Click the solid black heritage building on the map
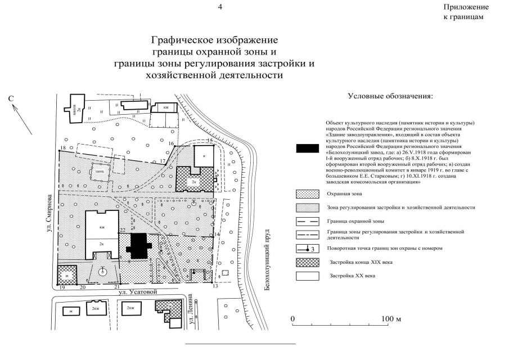tap(139, 245)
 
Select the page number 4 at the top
tap(220, 7)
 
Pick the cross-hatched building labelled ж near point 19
tap(66, 275)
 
